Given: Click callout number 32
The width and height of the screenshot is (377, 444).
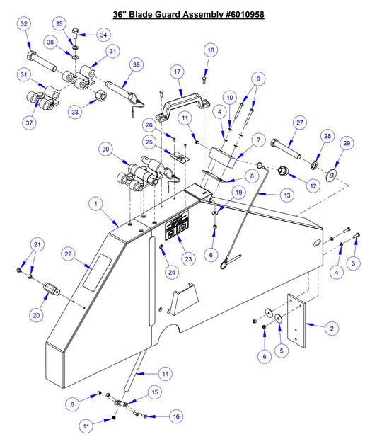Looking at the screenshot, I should [x=25, y=25].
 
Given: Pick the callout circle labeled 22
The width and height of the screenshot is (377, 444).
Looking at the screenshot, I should [x=68, y=254].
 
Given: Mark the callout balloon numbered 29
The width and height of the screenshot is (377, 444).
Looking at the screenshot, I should [x=347, y=143].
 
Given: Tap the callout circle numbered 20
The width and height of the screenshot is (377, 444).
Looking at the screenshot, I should [x=35, y=314].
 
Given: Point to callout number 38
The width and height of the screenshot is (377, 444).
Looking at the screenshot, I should [x=137, y=64].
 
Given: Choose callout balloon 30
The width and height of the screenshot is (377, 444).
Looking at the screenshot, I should [x=107, y=149].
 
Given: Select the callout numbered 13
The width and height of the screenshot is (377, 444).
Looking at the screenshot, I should [x=286, y=193].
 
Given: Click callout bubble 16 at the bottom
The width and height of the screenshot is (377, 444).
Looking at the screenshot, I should [x=175, y=416].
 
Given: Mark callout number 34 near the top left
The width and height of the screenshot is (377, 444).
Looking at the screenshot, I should [x=103, y=34].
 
